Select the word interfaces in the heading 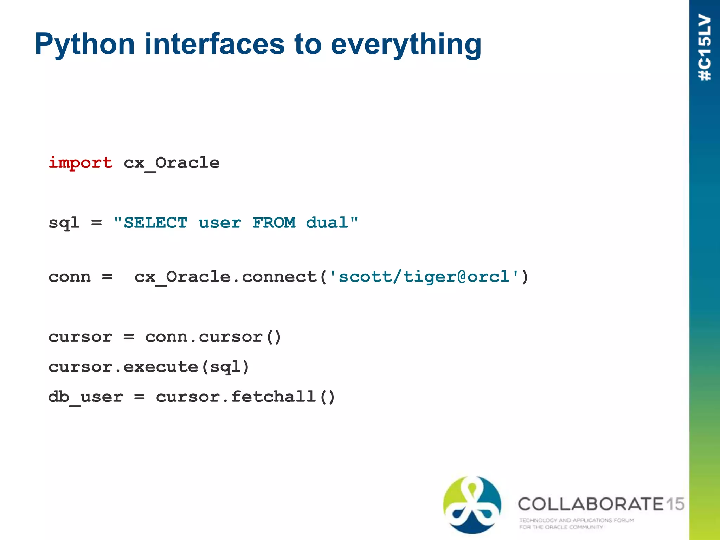(214, 44)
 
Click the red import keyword (81, 163)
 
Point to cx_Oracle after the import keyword (172, 163)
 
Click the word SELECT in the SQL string (155, 223)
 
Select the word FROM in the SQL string (274, 223)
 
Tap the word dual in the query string (327, 223)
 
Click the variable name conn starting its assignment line (70, 277)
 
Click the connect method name (279, 277)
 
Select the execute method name (161, 367)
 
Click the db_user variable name (85, 397)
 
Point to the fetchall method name (273, 397)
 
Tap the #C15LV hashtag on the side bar (705, 47)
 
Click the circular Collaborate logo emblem (472, 504)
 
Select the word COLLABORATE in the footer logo (591, 504)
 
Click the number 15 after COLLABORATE (675, 504)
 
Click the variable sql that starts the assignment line (64, 223)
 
